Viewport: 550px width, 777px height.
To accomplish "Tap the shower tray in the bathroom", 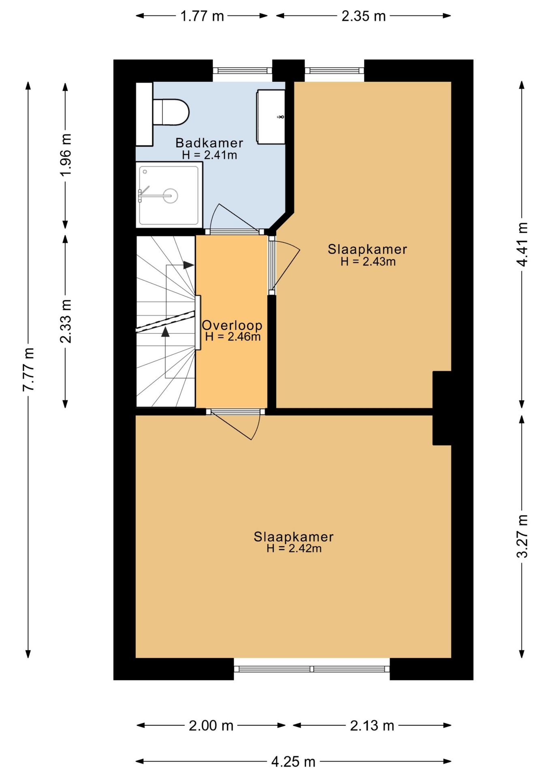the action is pyautogui.click(x=169, y=195).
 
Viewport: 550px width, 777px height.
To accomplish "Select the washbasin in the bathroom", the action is pyautogui.click(x=271, y=117).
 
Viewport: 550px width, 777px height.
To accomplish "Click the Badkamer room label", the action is pyautogui.click(x=209, y=143).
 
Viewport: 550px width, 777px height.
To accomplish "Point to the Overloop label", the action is pyautogui.click(x=232, y=325).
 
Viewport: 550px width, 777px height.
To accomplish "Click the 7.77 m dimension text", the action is pyautogui.click(x=28, y=369).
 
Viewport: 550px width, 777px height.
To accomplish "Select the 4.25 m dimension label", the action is pyautogui.click(x=293, y=761).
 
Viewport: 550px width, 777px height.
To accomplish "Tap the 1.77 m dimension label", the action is pyautogui.click(x=202, y=16).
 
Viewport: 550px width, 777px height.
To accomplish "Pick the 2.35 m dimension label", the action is pyautogui.click(x=363, y=16).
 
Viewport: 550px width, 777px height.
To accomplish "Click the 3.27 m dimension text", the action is pyautogui.click(x=522, y=536).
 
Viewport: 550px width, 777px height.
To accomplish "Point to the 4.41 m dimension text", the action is pyautogui.click(x=522, y=244).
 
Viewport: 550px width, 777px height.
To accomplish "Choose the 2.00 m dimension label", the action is pyautogui.click(x=211, y=725).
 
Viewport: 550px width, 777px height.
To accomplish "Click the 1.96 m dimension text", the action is pyautogui.click(x=66, y=155).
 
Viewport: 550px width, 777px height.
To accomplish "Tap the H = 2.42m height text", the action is pyautogui.click(x=294, y=548).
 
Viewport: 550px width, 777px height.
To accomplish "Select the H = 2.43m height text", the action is pyautogui.click(x=368, y=261).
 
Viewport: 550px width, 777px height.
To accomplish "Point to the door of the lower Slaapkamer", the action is pyautogui.click(x=236, y=425).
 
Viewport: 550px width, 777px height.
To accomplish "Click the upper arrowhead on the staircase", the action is pyautogui.click(x=188, y=265).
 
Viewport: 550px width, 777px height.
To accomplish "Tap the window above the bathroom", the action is pyautogui.click(x=243, y=70).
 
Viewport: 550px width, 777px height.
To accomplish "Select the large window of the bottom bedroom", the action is pyautogui.click(x=312, y=669).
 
